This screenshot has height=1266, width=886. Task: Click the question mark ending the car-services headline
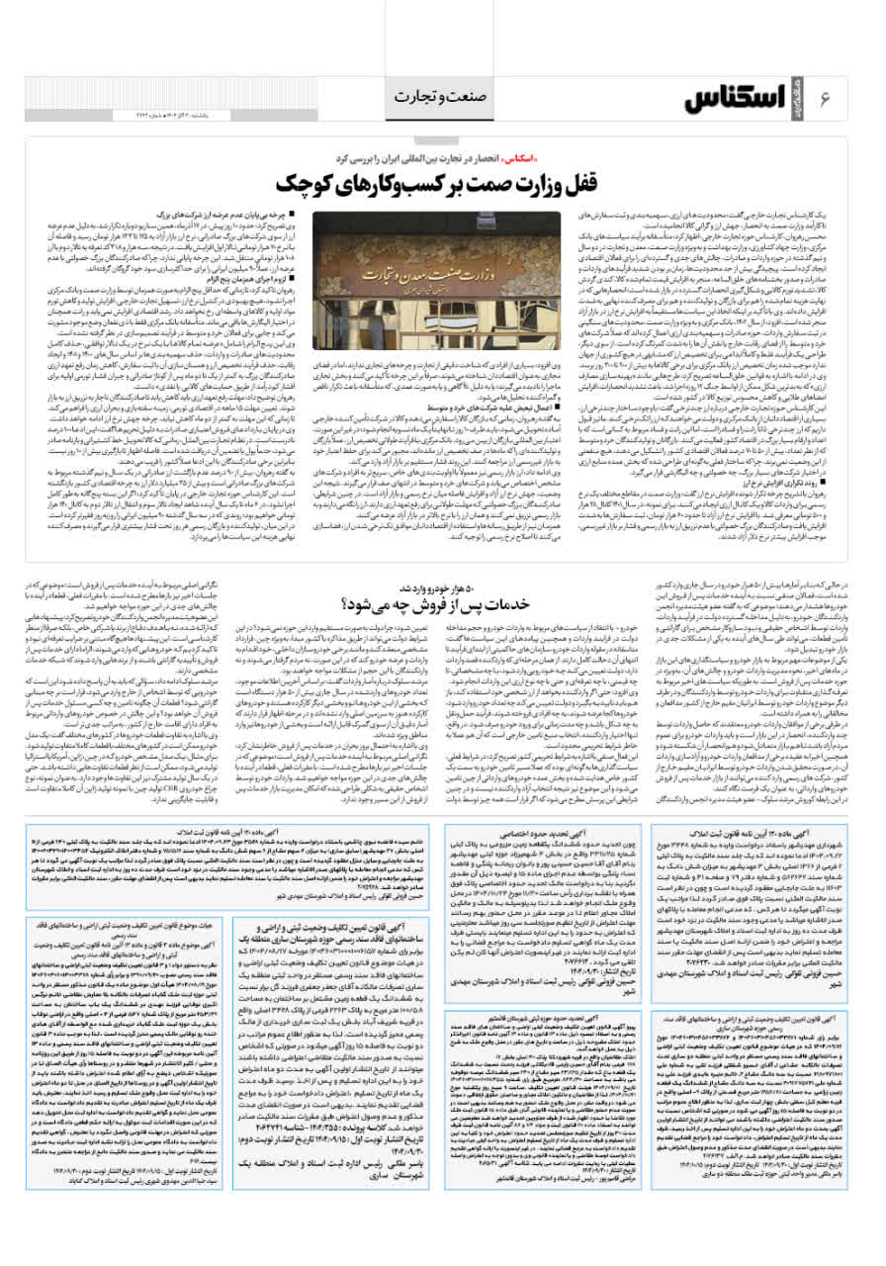[x=347, y=601]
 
